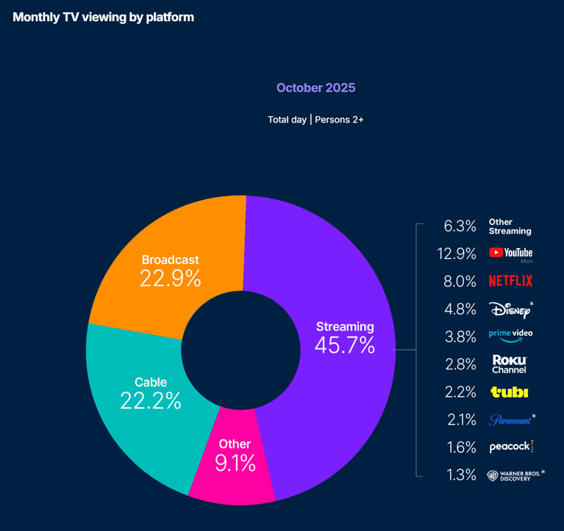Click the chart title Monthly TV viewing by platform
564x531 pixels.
(103, 17)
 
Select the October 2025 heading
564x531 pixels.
(316, 88)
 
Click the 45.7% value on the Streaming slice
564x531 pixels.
(345, 345)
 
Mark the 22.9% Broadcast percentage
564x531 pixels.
(170, 278)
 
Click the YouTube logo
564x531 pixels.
(511, 253)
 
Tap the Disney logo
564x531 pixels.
(510, 309)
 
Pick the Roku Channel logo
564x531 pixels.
(510, 363)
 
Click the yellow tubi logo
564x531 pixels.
(510, 392)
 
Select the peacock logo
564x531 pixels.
(511, 447)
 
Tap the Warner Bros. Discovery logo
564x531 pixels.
(514, 475)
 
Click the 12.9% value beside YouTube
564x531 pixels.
(457, 254)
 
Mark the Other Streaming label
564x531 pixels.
(510, 227)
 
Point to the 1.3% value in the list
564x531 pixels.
(462, 475)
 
